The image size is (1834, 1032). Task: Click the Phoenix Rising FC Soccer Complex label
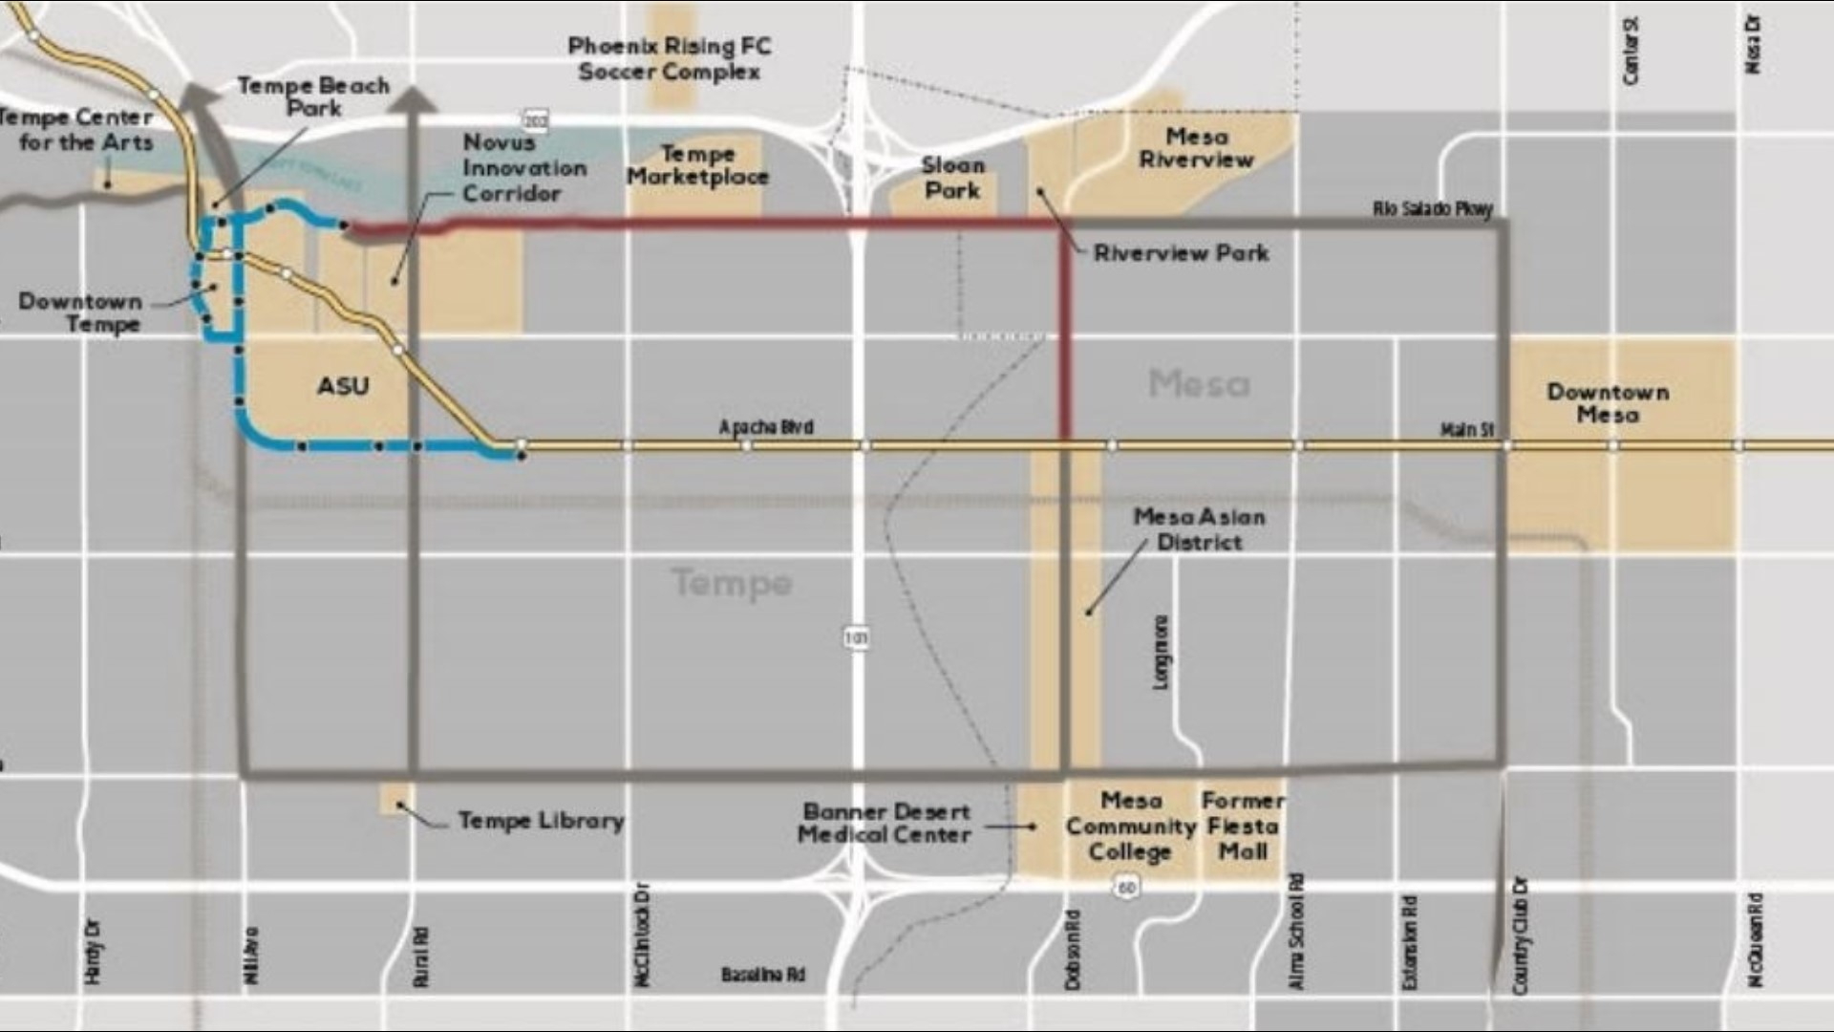(x=669, y=58)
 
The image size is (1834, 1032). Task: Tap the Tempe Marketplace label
(x=697, y=165)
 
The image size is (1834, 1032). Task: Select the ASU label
(x=343, y=386)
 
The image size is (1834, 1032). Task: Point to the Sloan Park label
(x=951, y=178)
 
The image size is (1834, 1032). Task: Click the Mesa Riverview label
(x=1196, y=148)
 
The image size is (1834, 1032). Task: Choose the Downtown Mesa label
(x=1608, y=403)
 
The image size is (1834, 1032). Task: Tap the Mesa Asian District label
(x=1199, y=529)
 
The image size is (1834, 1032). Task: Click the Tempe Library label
(x=541, y=821)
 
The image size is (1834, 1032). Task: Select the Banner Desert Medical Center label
(x=885, y=823)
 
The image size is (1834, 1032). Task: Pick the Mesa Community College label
(x=1130, y=826)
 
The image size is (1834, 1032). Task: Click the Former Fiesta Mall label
(x=1243, y=826)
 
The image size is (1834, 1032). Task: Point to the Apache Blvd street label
(x=766, y=427)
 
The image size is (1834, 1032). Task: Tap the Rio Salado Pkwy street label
(x=1432, y=208)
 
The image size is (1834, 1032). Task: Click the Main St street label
(x=1466, y=431)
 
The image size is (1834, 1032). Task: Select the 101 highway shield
(x=857, y=637)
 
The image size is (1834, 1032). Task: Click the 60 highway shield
(x=1126, y=888)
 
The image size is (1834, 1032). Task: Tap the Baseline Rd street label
(x=762, y=975)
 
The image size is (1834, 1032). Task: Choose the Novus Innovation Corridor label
(x=524, y=167)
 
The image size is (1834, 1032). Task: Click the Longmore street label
(x=1160, y=652)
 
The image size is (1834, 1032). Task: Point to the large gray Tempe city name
(x=732, y=582)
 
